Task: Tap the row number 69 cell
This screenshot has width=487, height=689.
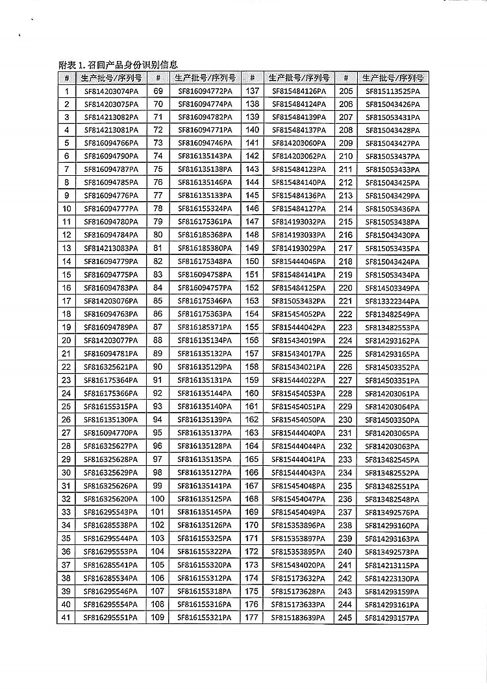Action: tap(158, 91)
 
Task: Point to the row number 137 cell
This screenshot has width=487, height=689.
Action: tap(253, 91)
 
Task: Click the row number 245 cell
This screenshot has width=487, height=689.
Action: tap(345, 618)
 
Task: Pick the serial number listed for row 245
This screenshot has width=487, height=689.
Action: tap(393, 618)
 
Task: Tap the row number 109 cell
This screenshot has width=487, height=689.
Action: tap(158, 618)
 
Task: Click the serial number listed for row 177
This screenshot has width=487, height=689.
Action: tap(297, 618)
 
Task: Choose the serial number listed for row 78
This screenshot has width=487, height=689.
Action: tap(205, 209)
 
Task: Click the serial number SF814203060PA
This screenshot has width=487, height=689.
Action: tap(297, 143)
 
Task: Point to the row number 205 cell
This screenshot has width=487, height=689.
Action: tap(345, 91)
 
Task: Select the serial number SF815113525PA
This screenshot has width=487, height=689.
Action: tap(393, 91)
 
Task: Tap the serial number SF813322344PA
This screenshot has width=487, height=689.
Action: tap(393, 301)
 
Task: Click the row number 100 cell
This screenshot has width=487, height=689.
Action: tap(158, 499)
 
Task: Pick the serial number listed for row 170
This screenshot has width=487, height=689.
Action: tap(297, 526)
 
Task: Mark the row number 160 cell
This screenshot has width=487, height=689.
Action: tap(253, 393)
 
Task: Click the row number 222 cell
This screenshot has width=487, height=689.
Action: tap(345, 315)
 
